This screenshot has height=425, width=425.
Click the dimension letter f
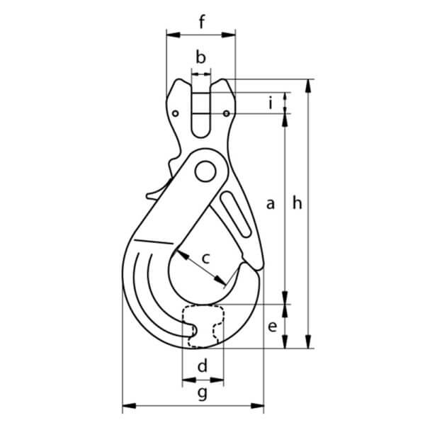(201, 21)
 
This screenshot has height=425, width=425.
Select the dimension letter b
(200, 57)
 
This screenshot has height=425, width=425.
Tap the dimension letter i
(270, 103)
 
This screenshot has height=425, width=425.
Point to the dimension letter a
(270, 204)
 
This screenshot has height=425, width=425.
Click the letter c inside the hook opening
(206, 259)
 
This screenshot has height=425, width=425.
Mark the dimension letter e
(271, 327)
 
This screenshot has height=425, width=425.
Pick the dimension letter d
(202, 366)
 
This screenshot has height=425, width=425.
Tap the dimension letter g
(202, 392)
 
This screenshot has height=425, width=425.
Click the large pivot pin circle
(206, 171)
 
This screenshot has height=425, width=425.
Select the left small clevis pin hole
(174, 112)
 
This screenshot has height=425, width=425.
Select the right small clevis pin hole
(225, 113)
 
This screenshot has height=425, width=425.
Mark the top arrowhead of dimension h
(308, 83)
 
